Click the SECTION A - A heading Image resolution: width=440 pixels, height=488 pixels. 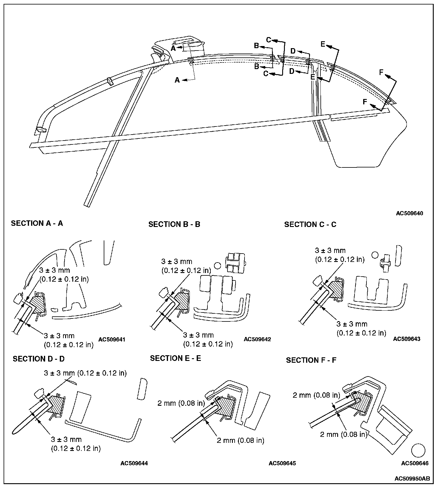pos(37,223)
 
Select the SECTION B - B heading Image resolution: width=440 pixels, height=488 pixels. pos(174,224)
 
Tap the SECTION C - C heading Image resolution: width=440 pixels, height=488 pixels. pos(310,224)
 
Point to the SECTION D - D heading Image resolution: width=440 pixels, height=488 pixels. pos(39,359)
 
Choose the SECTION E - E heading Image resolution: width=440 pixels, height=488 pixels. pos(175,358)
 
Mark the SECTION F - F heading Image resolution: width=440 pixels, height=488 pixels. pos(311,360)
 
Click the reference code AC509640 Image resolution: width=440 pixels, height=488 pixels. pos(409,213)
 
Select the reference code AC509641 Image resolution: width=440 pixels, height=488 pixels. pos(111,339)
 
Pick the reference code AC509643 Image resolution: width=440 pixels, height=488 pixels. pos(407,339)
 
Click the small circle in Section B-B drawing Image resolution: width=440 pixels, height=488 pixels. pos(217,265)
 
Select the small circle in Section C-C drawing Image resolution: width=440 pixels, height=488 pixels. pos(375,255)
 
